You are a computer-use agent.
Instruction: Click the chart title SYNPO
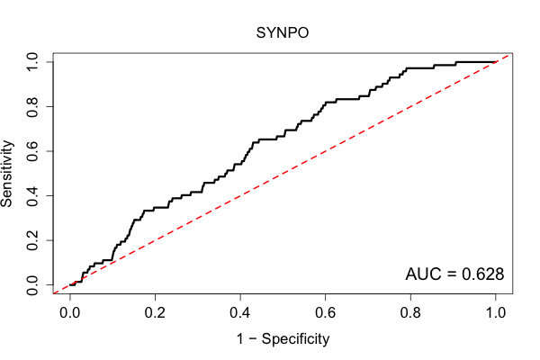(x=283, y=32)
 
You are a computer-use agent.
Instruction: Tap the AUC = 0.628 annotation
(x=454, y=274)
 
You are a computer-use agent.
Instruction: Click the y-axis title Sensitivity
(x=7, y=174)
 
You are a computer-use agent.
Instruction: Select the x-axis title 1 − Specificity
(x=283, y=339)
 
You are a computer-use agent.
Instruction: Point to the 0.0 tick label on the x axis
(x=70, y=313)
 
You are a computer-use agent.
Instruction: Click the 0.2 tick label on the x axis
(x=155, y=313)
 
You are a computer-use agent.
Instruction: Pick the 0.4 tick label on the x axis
(x=240, y=313)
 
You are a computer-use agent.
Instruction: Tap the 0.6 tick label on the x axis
(x=325, y=313)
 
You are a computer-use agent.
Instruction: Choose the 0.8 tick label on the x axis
(x=410, y=313)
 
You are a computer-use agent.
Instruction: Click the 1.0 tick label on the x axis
(x=496, y=313)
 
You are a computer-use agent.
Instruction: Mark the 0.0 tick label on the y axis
(x=32, y=285)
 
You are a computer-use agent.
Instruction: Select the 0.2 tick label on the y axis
(x=32, y=240)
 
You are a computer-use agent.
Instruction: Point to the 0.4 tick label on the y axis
(x=32, y=195)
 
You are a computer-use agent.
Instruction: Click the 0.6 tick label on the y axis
(x=32, y=151)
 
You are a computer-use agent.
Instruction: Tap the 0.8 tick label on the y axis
(x=32, y=107)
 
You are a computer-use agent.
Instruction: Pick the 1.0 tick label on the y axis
(x=32, y=62)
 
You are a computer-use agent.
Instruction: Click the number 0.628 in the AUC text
(x=482, y=274)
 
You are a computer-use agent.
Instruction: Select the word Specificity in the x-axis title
(x=295, y=339)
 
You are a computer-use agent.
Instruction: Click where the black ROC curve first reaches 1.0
(x=456, y=62)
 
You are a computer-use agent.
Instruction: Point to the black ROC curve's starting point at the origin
(x=70, y=285)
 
